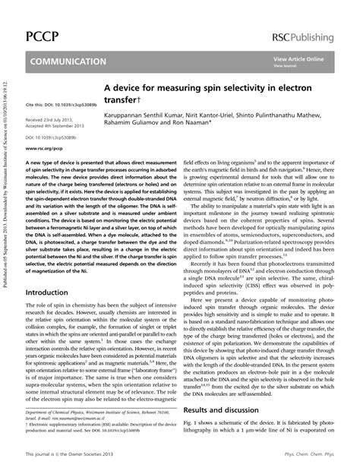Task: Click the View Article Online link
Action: tap(298, 58)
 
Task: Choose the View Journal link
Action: tap(286, 65)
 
